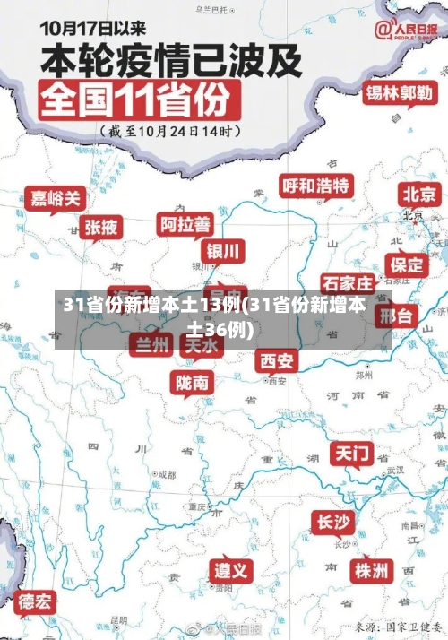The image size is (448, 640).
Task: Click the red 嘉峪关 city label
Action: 55,197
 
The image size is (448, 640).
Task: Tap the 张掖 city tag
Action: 101,227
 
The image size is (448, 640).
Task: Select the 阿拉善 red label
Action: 185,222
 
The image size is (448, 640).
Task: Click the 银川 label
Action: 223,249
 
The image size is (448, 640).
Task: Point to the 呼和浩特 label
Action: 316,186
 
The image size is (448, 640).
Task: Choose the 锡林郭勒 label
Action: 400,92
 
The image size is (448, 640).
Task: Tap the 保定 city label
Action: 407,264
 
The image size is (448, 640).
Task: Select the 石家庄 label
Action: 347,284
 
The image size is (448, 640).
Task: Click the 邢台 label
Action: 395,316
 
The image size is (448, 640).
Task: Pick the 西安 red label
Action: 276,360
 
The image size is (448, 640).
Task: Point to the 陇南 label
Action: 193,383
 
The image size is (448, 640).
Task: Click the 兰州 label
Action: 151,343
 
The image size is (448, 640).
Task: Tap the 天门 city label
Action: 352,453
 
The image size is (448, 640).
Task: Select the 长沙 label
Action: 332,522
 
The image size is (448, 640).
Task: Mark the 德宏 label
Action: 36,601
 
